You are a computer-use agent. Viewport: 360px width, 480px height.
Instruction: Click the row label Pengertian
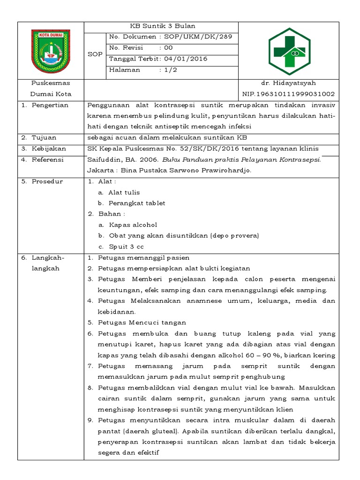click(x=50, y=105)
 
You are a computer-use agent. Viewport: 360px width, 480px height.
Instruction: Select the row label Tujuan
click(x=44, y=138)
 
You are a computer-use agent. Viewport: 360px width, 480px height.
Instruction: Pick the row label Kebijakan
click(x=49, y=149)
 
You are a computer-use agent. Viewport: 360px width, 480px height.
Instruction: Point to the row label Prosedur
click(x=47, y=181)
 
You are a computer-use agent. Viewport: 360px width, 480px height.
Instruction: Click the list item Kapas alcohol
click(x=133, y=225)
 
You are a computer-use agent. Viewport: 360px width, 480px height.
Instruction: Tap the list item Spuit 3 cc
click(x=127, y=247)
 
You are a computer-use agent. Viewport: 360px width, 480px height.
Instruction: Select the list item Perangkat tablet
click(x=136, y=203)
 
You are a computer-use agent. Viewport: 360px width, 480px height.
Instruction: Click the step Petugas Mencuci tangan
click(x=142, y=322)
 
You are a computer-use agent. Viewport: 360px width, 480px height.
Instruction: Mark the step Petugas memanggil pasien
click(x=143, y=258)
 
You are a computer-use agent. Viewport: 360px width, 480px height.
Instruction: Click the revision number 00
click(x=168, y=48)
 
